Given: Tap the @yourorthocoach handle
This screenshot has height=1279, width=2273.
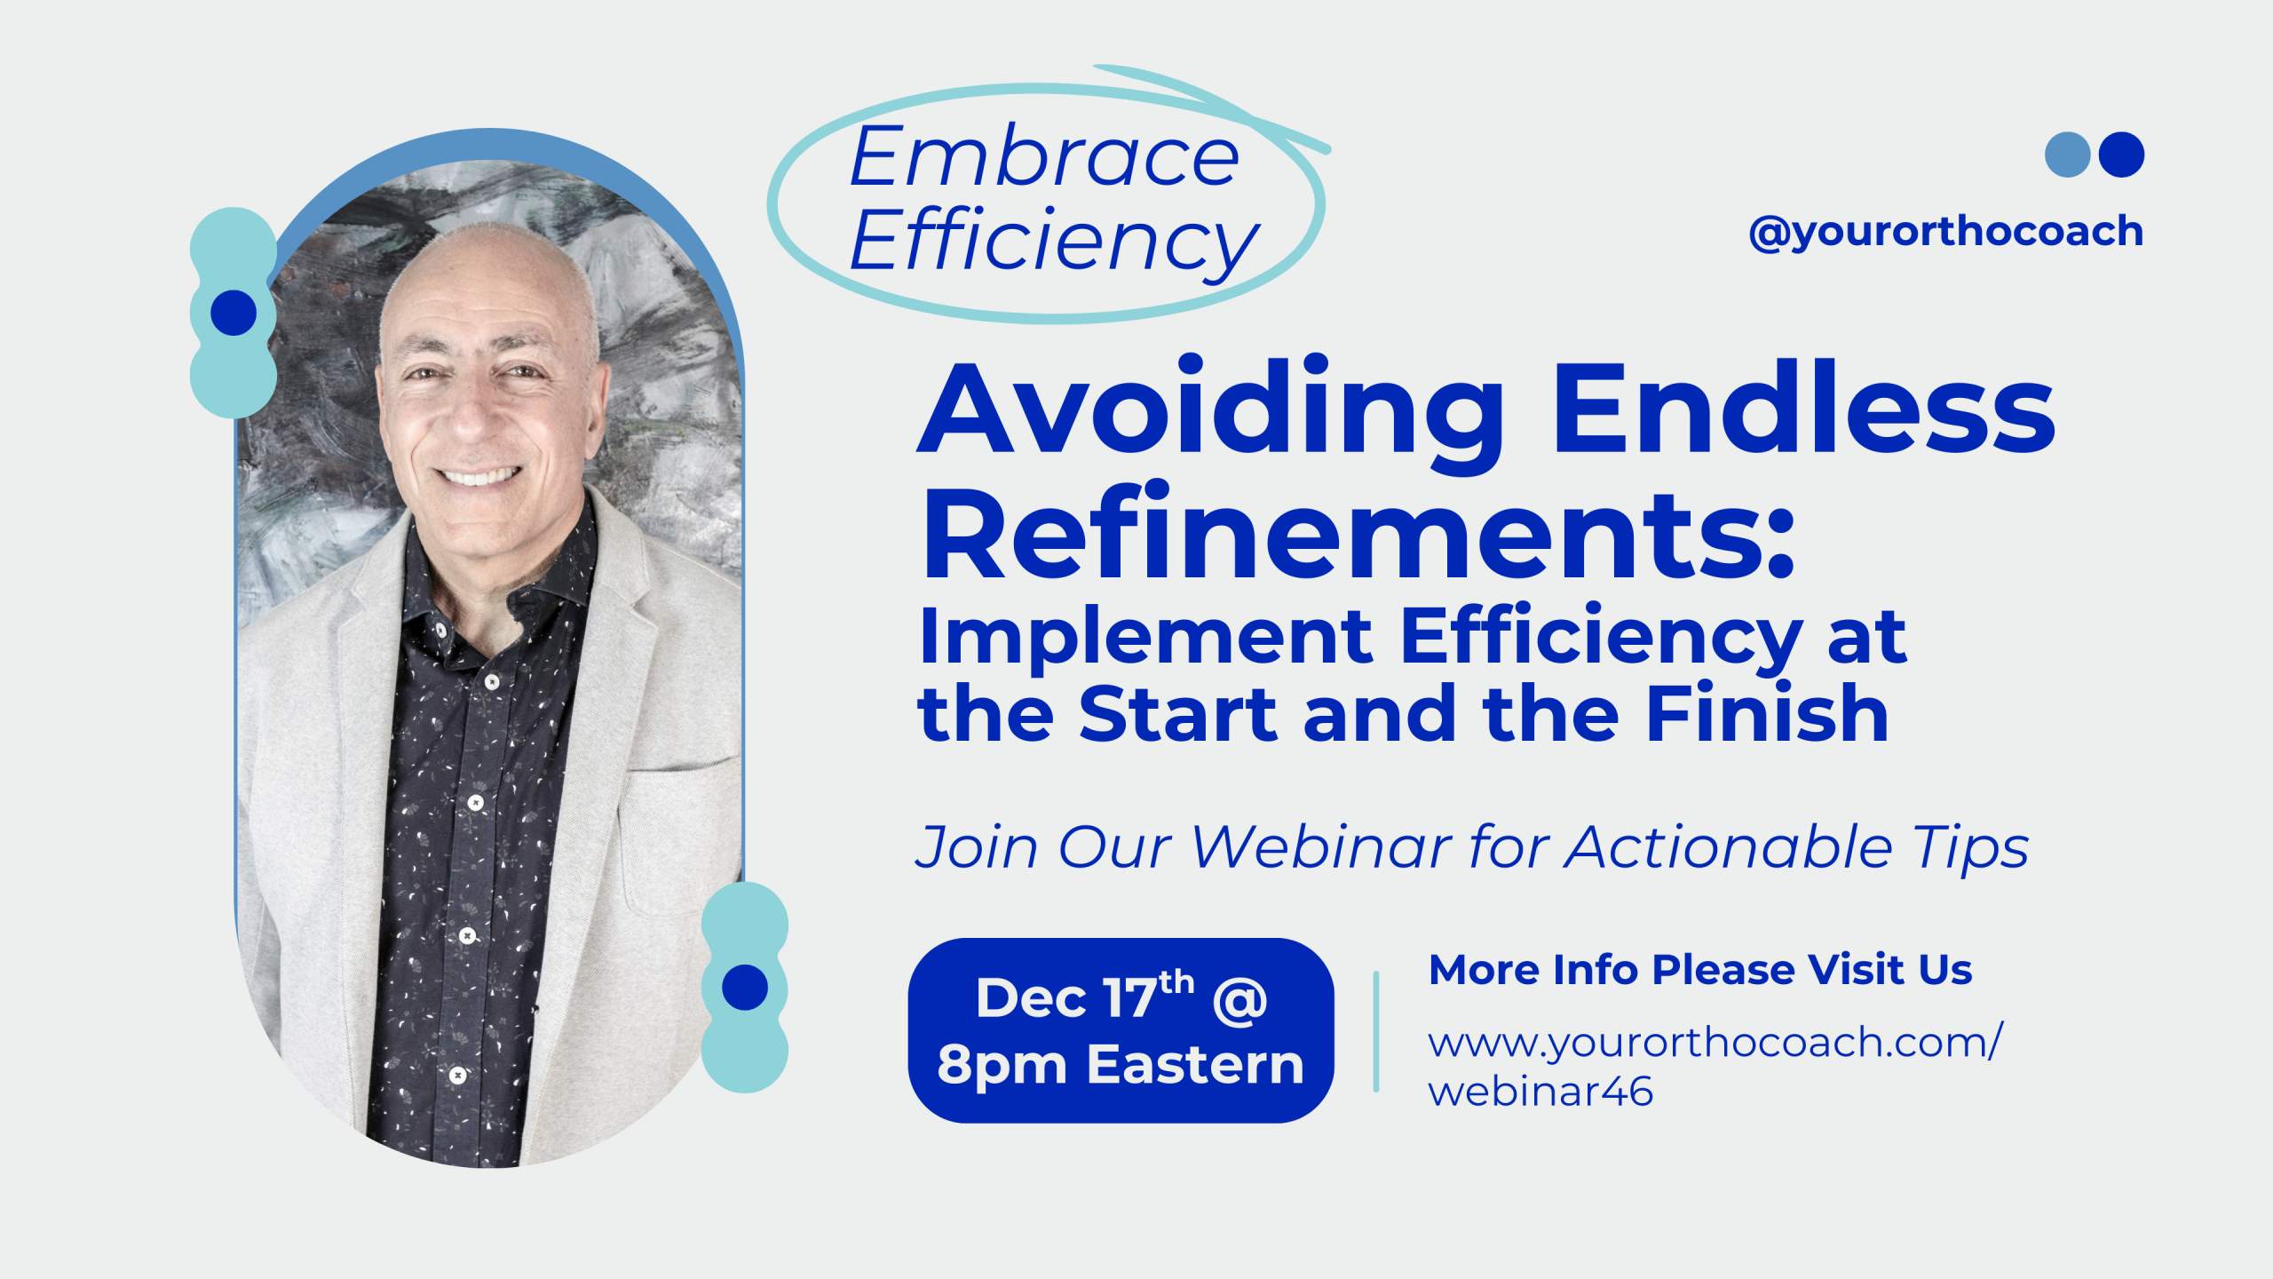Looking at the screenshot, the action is pos(1945,232).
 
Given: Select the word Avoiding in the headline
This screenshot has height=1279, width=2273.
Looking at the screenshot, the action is pos(1210,408).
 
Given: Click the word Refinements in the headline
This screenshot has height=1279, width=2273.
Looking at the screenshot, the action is pos(1358,532).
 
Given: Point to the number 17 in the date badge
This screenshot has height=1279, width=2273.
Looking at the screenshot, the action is pos(1131,998).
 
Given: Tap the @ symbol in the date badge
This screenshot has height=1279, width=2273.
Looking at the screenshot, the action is pos(1239,1001).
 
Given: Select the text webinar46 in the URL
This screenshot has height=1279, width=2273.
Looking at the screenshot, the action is pos(1540,1092).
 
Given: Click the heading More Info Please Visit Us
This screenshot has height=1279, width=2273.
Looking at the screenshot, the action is pos(1700,969).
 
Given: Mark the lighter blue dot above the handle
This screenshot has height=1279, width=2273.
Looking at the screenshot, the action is pos(2068,155).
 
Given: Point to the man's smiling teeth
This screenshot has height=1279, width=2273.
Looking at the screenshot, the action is pos(480,477).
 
